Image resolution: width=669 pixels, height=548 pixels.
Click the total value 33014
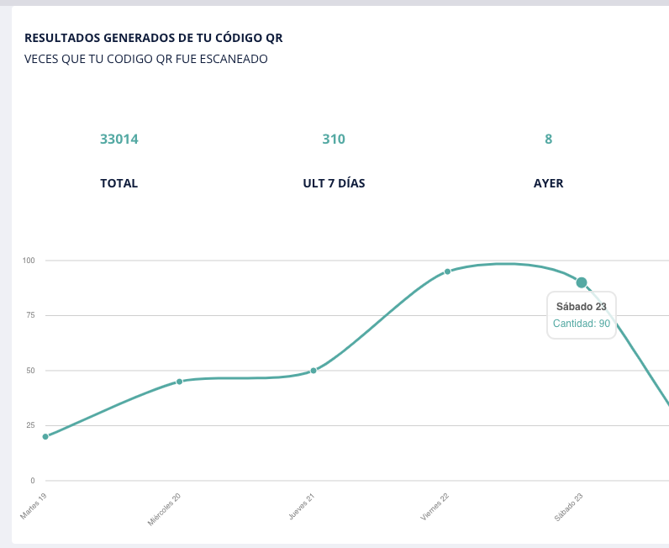[x=119, y=140]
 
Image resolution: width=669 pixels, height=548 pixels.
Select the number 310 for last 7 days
[x=334, y=140]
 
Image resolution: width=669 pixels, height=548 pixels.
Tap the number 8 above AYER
[x=549, y=140]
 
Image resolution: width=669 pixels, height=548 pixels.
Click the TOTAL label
[x=119, y=183]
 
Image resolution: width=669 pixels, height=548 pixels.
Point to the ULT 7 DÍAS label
[x=334, y=183]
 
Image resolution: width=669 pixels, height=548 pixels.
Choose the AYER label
[x=549, y=183]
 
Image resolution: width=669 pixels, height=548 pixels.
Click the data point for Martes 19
[x=45, y=436]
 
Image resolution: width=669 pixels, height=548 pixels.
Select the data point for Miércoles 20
[x=179, y=382]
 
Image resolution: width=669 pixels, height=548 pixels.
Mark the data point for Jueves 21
[x=313, y=371]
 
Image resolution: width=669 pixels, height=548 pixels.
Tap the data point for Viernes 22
[x=447, y=271]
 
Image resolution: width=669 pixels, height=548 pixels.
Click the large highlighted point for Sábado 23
[x=582, y=282]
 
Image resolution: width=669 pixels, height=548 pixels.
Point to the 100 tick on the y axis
[x=29, y=261]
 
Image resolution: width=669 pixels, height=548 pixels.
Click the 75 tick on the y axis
[x=30, y=315]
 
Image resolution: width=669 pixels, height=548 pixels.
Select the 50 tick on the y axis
[x=30, y=371]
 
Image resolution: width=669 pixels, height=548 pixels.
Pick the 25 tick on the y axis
[x=30, y=425]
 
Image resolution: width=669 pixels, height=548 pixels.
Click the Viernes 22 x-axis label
[x=435, y=507]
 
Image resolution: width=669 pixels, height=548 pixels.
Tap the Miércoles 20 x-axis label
[x=165, y=509]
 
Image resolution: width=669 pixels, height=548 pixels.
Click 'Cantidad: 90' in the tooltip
[x=582, y=324]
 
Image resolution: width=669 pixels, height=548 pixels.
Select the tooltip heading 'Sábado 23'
[x=582, y=306]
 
